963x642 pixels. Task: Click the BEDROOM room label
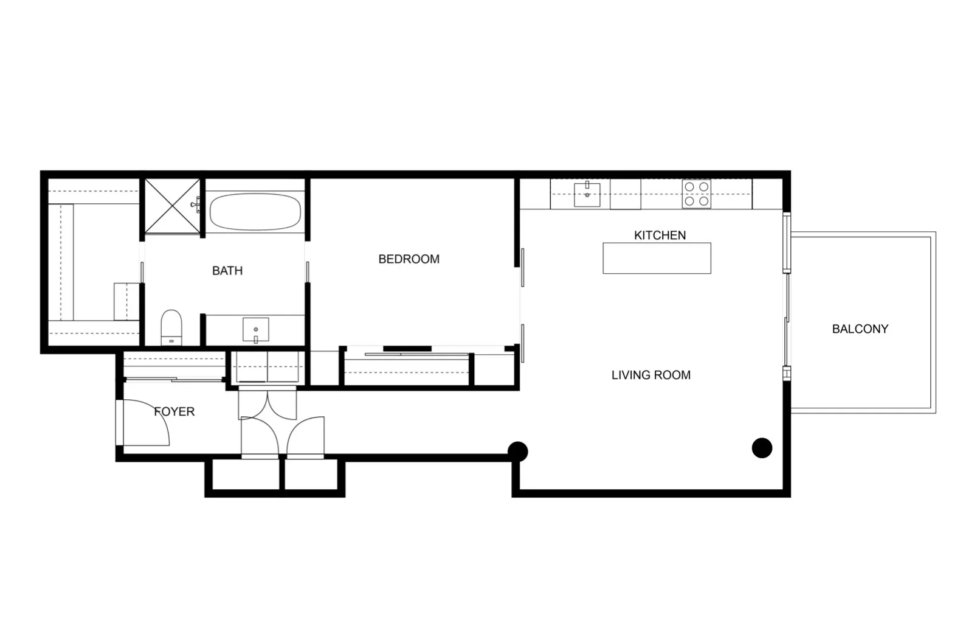pos(409,259)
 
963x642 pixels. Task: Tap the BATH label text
pos(227,271)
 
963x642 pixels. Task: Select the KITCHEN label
pos(660,236)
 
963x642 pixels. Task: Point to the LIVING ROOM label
pos(651,375)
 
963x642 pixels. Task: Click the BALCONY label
pos(860,329)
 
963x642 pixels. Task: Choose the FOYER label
pos(174,412)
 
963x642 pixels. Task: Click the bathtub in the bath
pos(255,212)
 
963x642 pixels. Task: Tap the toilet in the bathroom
pos(171,327)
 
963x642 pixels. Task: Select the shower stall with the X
pos(173,206)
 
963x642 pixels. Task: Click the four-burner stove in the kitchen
pos(696,194)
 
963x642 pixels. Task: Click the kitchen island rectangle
pos(657,258)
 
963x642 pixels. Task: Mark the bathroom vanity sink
pos(255,330)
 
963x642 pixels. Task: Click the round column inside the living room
pos(762,448)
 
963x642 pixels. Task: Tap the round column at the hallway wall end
pos(517,451)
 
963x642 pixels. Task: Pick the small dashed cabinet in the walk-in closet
pos(126,301)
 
